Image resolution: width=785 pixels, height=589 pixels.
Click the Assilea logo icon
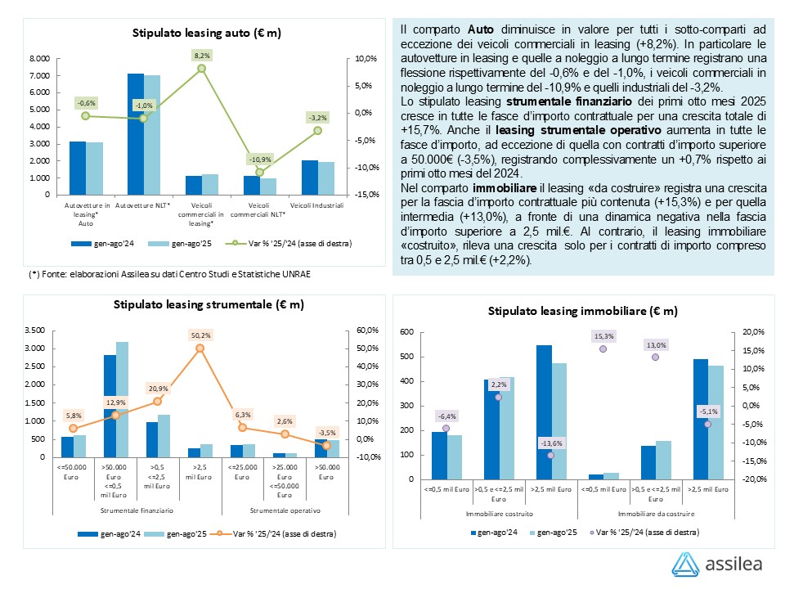pyautogui.click(x=685, y=564)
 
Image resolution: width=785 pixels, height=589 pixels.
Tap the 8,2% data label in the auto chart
pyautogui.click(x=202, y=55)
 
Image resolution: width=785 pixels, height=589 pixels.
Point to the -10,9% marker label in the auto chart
pyautogui.click(x=260, y=158)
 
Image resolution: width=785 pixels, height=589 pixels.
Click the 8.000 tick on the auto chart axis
pyautogui.click(x=39, y=59)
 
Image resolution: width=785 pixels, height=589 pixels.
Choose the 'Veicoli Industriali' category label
pyautogui.click(x=318, y=205)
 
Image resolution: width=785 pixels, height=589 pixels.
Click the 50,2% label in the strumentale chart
pyautogui.click(x=200, y=335)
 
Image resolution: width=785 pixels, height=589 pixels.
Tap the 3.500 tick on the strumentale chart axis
pyautogui.click(x=34, y=330)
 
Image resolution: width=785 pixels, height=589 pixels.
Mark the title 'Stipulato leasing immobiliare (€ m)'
pyautogui.click(x=583, y=311)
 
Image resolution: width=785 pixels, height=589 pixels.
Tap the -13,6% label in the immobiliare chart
pyautogui.click(x=550, y=443)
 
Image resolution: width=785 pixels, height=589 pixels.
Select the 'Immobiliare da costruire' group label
pyautogui.click(x=656, y=514)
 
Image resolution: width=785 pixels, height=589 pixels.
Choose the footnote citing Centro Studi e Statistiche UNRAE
pyautogui.click(x=169, y=273)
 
